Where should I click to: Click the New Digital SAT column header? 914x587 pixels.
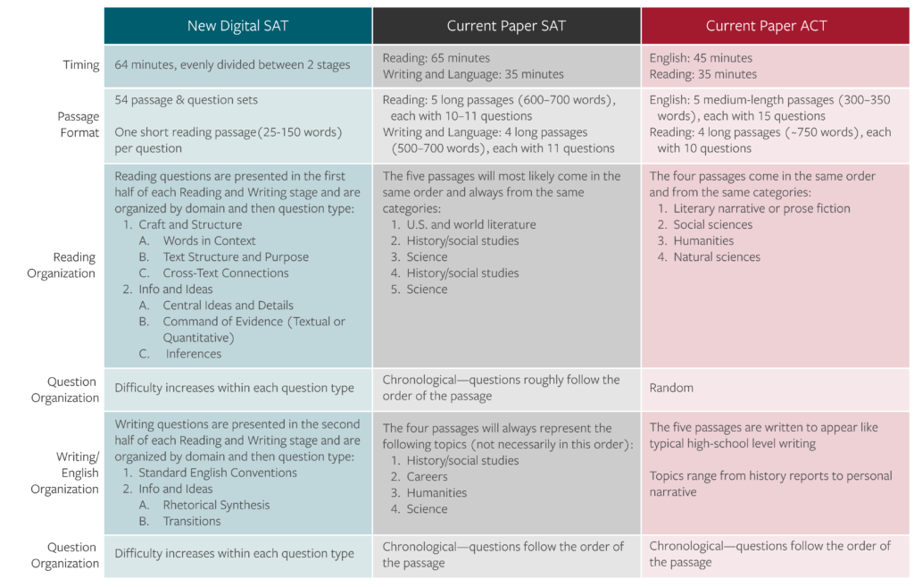(238, 26)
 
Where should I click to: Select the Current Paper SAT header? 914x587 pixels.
(506, 26)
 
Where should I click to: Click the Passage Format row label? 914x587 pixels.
(78, 125)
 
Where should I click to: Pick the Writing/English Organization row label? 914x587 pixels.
(65, 473)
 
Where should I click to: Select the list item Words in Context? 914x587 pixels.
(209, 240)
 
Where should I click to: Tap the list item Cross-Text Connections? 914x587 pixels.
(226, 273)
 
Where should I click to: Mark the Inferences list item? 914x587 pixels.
(194, 354)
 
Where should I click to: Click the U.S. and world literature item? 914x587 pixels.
(470, 224)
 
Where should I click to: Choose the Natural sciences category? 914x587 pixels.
(717, 256)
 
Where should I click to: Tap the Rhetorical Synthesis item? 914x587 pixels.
(216, 505)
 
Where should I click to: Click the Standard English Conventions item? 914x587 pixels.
(217, 473)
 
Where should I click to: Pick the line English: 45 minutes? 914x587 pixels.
(702, 58)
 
